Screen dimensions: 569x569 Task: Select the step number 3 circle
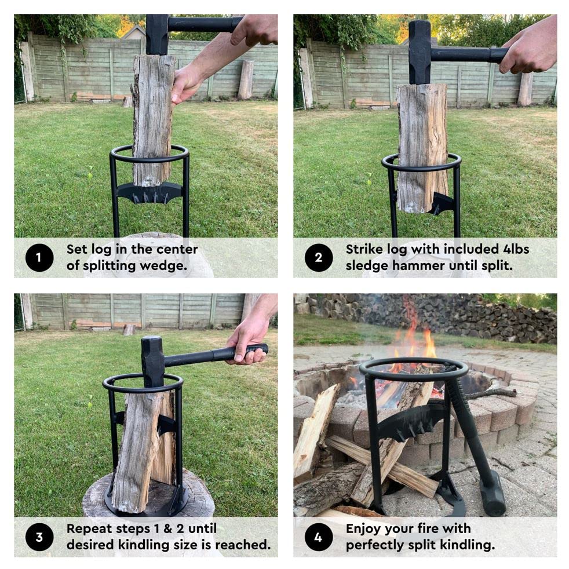pyautogui.click(x=39, y=537)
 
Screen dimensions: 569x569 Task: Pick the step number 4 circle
pyautogui.click(x=318, y=537)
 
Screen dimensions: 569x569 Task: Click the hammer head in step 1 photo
pyautogui.click(x=156, y=34)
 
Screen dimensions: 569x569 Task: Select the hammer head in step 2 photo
pyautogui.click(x=420, y=52)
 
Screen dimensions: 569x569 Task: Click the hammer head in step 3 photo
pyautogui.click(x=153, y=360)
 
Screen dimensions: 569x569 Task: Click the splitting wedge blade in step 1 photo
pyautogui.click(x=149, y=192)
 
